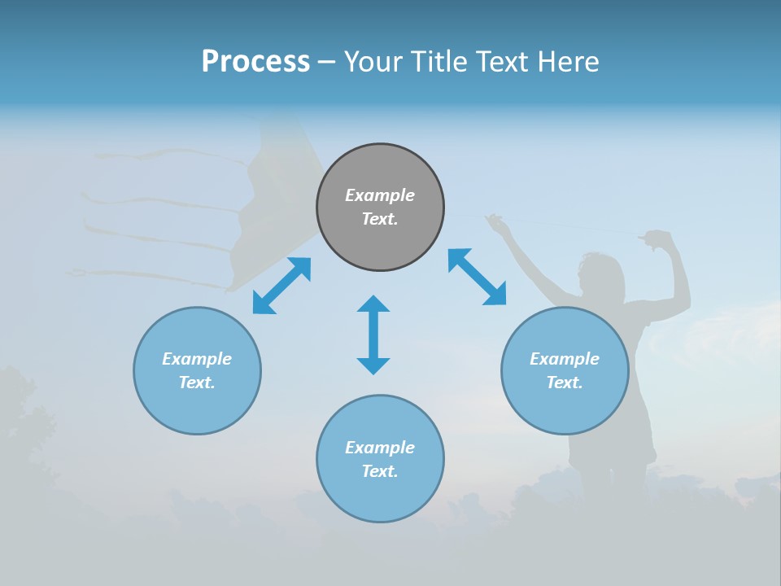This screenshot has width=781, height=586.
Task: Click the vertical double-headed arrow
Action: [373, 335]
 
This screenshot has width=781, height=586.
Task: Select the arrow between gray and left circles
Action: [281, 286]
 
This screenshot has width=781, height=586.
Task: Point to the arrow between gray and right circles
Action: [477, 277]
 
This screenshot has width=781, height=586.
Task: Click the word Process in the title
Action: [255, 61]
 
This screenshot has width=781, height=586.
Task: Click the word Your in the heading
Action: [373, 62]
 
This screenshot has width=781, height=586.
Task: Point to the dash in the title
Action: [326, 62]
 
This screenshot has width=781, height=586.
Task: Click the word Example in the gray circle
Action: [380, 195]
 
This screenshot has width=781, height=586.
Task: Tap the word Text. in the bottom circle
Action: [380, 471]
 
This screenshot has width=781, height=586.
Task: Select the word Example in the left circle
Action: [197, 359]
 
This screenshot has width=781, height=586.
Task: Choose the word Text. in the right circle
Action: [565, 383]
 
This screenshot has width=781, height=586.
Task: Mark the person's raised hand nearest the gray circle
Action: [493, 221]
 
